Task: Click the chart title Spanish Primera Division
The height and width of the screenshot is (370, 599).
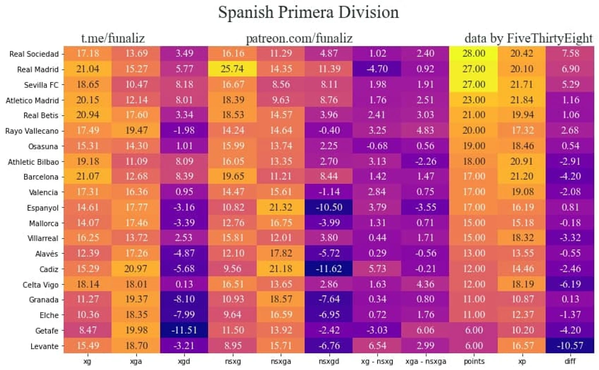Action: pos(308,12)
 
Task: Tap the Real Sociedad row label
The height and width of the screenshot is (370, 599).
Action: pos(34,54)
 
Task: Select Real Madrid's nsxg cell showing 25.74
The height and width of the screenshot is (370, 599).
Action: pos(232,69)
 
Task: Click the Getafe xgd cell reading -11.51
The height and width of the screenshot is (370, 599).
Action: pos(184,330)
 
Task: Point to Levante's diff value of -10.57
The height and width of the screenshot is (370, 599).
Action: pos(570,346)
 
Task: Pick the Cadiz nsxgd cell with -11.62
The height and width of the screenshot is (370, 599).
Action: pos(329,269)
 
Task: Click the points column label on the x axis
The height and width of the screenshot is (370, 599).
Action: pos(474,361)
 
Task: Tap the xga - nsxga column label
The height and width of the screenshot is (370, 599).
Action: pos(425,361)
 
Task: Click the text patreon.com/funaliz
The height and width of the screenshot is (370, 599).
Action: pos(299,38)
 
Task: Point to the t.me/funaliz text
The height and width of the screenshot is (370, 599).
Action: pos(113,38)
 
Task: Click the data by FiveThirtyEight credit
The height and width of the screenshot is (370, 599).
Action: pos(528,38)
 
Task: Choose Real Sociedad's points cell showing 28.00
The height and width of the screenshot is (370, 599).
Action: pos(474,53)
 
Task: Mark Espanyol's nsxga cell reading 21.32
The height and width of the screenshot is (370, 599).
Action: pos(281,207)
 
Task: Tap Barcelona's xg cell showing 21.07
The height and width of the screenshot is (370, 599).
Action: pos(87,176)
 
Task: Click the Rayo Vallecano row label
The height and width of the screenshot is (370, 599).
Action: pos(32,131)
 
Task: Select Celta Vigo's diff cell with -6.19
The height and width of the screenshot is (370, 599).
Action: pos(570,284)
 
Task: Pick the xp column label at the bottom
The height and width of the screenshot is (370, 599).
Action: pos(522,361)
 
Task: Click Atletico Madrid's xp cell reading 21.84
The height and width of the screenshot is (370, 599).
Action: pos(522,100)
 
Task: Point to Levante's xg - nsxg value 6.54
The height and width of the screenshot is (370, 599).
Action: pos(377,346)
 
